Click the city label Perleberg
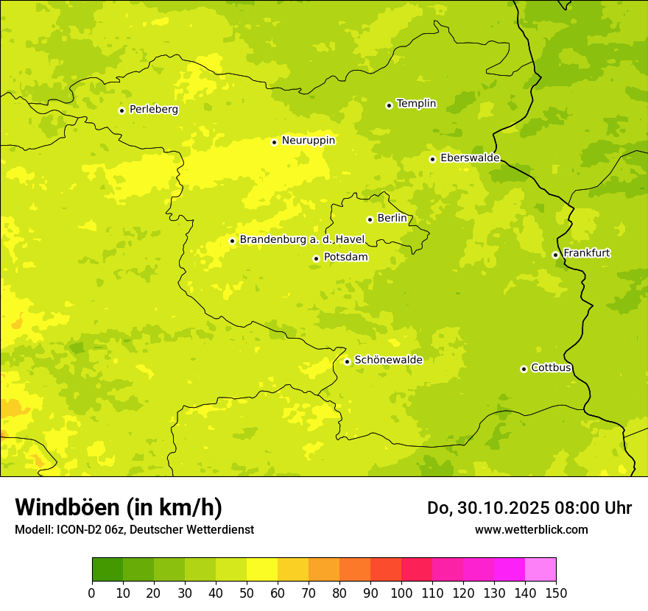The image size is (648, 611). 153,110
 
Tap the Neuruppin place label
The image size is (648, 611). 308,141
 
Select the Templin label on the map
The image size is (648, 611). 416,104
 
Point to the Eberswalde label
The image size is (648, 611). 470,158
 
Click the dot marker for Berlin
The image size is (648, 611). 370,219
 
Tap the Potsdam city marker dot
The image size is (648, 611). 316,258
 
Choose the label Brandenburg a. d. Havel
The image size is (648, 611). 302,240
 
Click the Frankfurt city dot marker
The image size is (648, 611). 555,255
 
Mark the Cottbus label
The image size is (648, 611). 551,368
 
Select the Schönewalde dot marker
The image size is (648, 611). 347,361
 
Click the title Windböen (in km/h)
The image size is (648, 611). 119,507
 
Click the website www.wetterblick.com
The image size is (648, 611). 531,529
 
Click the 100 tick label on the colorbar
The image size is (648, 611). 401,593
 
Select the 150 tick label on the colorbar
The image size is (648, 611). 556,593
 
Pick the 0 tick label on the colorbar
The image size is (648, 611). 92,593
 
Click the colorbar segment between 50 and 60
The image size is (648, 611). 262,570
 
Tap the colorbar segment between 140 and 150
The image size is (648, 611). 540,570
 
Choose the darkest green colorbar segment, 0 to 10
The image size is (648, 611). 108,570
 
